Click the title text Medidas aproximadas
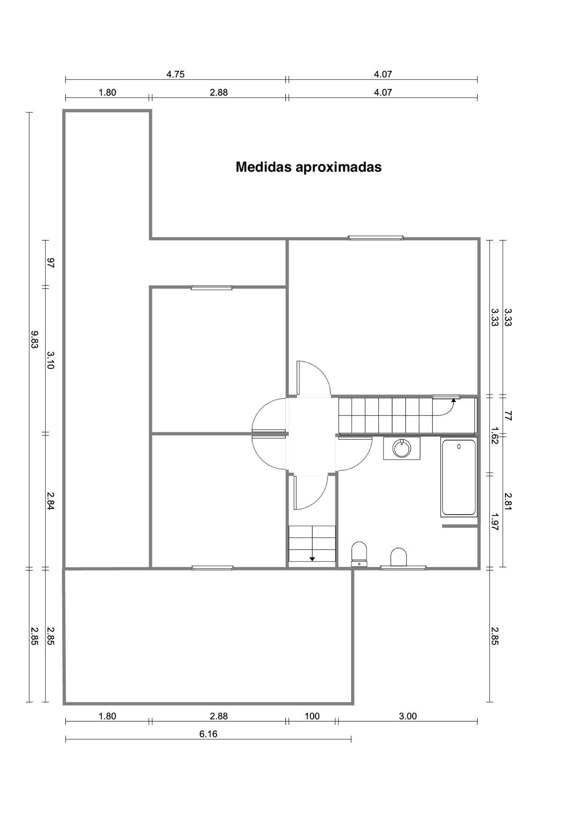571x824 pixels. point(308,167)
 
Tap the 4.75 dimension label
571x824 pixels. point(175,74)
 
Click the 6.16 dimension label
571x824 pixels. point(208,734)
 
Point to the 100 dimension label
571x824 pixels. point(312,716)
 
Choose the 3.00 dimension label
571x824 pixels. point(408,716)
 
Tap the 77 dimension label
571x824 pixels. point(508,415)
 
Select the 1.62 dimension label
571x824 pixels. point(495,435)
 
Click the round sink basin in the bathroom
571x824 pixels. point(402,448)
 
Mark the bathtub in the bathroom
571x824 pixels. point(459,477)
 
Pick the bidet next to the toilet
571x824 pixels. point(398,557)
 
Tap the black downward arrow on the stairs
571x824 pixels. point(312,558)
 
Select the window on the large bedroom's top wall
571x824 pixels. point(376,238)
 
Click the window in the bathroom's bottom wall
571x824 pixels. point(403,568)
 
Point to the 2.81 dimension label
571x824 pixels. point(508,501)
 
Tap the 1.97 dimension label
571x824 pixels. point(495,522)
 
